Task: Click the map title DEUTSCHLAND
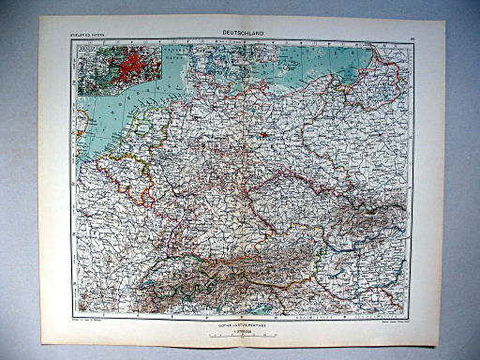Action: coord(243,33)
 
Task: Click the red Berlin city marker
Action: coord(265,134)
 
